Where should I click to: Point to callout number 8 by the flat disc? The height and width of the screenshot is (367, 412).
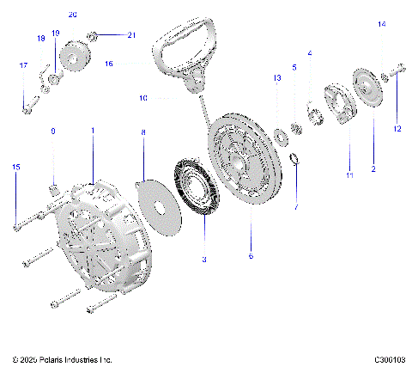click(143, 132)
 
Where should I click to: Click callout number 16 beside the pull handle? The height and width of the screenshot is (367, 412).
click(133, 63)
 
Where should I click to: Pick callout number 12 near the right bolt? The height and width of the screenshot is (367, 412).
click(397, 129)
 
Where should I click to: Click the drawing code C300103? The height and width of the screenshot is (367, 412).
click(389, 358)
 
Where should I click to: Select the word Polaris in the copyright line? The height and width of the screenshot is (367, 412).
click(51, 358)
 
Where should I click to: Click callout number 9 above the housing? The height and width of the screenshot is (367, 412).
click(52, 132)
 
